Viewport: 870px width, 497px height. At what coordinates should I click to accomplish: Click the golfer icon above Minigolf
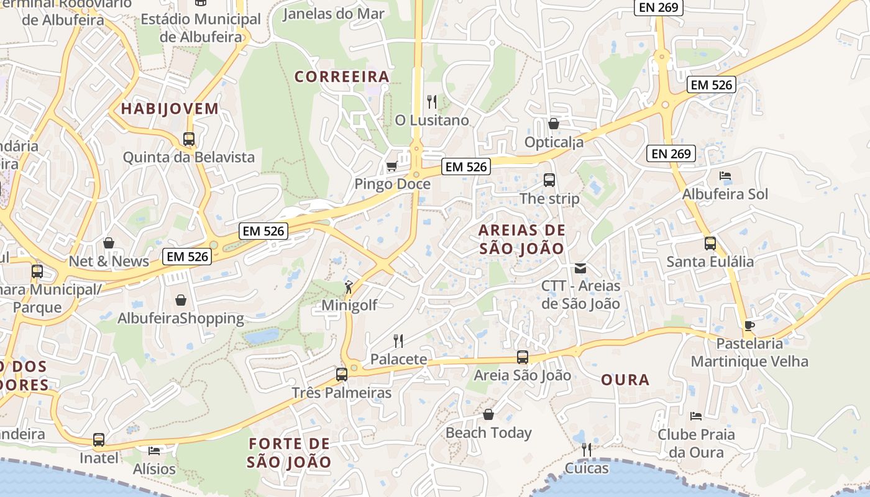(349, 287)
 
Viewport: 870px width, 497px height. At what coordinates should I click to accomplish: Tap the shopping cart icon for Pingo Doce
(391, 166)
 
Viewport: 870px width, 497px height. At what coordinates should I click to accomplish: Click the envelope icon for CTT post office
(580, 268)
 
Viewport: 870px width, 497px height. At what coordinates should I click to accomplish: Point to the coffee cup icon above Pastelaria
(749, 326)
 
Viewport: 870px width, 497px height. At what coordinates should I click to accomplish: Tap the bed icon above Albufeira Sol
(725, 176)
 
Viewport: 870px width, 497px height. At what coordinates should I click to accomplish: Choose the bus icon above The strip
(549, 180)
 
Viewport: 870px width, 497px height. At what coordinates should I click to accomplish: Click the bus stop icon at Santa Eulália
(710, 244)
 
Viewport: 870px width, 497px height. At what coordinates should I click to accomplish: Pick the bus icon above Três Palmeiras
(341, 375)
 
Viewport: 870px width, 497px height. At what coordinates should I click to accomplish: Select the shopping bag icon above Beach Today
(488, 414)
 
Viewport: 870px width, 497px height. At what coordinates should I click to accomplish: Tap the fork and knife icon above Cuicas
(586, 449)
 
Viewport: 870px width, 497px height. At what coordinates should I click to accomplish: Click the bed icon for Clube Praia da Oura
(696, 416)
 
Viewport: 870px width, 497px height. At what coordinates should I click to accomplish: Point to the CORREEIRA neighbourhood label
(342, 76)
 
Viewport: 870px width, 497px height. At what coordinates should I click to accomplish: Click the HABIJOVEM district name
(170, 109)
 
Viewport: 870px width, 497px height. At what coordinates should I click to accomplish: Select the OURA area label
(625, 380)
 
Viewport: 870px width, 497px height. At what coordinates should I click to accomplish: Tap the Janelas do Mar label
(334, 14)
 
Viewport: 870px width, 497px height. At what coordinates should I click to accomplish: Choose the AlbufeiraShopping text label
(181, 319)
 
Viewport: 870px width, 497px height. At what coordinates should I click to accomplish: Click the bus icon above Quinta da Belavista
(189, 139)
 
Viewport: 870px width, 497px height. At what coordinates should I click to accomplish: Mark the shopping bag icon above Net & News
(109, 243)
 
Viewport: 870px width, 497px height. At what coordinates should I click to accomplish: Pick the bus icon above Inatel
(99, 440)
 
